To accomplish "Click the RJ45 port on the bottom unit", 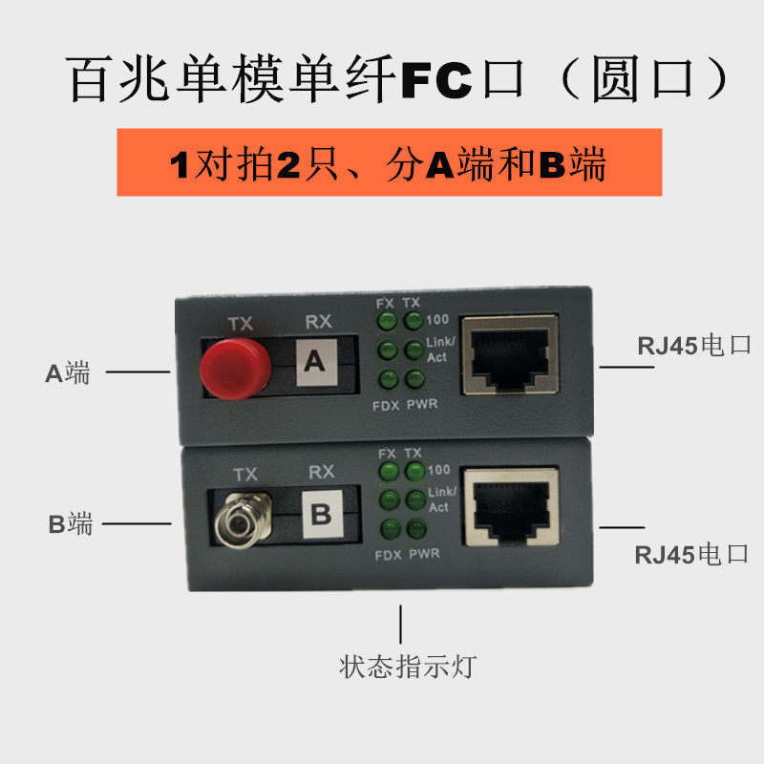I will point(510,507).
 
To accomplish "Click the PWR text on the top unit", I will point(422,405).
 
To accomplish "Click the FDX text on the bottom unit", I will point(386,555).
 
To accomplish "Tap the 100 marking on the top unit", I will point(439,319).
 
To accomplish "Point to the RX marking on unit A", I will point(317,323).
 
